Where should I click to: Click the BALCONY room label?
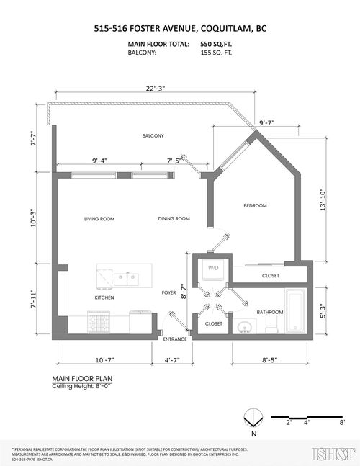(x=153, y=136)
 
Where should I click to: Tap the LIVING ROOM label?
(x=99, y=219)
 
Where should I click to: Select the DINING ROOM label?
(x=174, y=219)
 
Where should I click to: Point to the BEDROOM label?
(x=255, y=206)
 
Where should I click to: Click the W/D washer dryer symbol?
(x=213, y=268)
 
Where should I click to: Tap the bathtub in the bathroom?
(x=295, y=312)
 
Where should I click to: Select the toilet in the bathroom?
(x=271, y=325)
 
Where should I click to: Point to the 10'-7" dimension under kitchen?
(x=95, y=359)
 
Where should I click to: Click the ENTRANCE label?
(x=175, y=339)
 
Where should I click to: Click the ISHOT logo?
(x=330, y=454)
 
